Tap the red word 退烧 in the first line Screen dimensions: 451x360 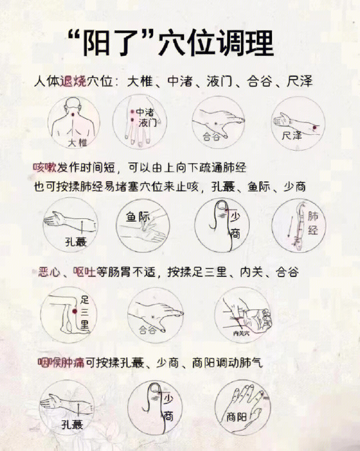[x=73, y=82]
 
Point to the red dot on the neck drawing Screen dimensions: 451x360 [x=73, y=116]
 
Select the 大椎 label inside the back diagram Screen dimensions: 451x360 [x=77, y=142]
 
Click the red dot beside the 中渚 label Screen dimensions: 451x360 [x=132, y=112]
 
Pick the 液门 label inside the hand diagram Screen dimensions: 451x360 [x=147, y=122]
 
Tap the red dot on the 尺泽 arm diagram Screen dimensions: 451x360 [x=315, y=127]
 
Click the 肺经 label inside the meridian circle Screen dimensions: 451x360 [x=313, y=224]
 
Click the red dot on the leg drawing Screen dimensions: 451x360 [x=75, y=311]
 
